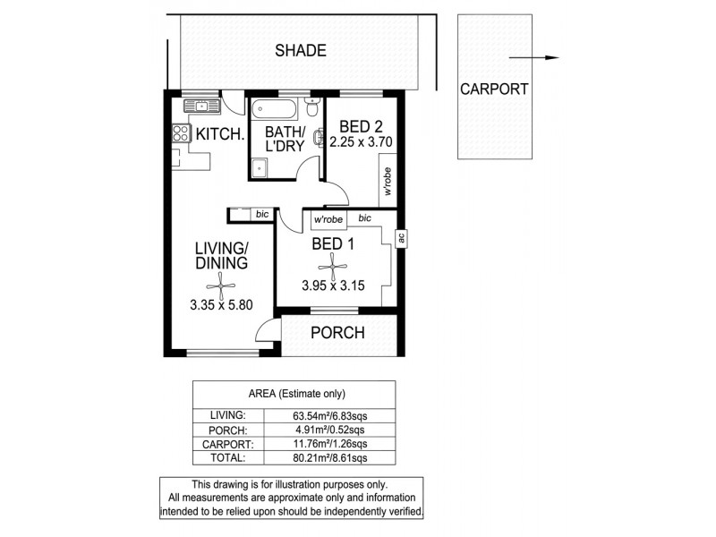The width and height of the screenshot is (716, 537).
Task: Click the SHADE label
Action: [x=300, y=51]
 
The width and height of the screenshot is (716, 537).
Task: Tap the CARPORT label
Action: [x=493, y=89]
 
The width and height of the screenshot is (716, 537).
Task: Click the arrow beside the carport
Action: [x=538, y=58]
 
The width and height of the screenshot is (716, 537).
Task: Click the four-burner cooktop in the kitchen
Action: [x=181, y=134]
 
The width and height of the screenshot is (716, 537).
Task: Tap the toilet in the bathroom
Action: [x=311, y=108]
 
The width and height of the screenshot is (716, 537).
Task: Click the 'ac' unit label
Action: [x=402, y=237]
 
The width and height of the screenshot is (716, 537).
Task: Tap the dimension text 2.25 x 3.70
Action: [x=362, y=141]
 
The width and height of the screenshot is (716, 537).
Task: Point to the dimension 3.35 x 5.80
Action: [x=221, y=304]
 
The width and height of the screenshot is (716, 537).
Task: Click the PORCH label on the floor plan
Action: [x=337, y=333]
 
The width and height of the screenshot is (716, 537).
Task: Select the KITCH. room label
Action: [x=220, y=135]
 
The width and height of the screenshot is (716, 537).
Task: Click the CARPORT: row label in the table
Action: [x=230, y=443]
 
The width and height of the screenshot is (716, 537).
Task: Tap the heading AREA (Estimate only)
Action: [x=296, y=394]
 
